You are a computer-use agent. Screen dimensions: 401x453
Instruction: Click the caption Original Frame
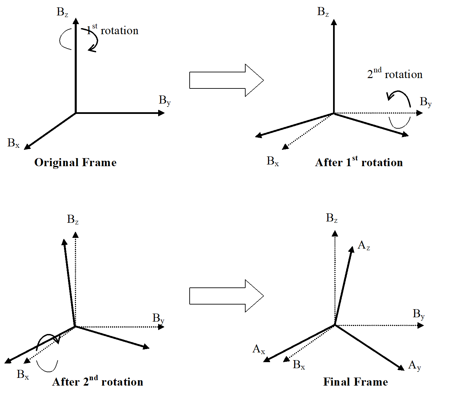click(75, 162)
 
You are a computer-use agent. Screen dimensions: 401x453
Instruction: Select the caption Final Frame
click(355, 382)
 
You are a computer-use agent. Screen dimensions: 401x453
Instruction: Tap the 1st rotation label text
click(112, 30)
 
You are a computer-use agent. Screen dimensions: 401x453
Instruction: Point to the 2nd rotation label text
click(395, 74)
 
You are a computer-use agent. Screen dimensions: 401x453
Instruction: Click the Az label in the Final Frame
click(364, 246)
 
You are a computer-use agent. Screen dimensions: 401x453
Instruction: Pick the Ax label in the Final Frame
click(259, 349)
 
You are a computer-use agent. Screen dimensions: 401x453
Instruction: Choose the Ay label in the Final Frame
click(414, 365)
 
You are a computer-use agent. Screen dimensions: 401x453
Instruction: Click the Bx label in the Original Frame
click(13, 143)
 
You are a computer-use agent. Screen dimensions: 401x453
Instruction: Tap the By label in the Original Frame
click(165, 100)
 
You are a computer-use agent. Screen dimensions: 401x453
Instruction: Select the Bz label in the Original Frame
click(62, 12)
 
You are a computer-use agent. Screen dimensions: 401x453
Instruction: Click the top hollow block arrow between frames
click(226, 80)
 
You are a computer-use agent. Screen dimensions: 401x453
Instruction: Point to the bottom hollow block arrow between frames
click(226, 296)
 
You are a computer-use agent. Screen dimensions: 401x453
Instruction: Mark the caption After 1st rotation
click(359, 162)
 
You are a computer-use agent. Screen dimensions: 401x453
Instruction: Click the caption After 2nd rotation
click(98, 382)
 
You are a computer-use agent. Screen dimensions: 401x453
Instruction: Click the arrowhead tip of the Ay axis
click(404, 370)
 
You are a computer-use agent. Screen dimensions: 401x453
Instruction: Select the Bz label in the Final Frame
click(332, 218)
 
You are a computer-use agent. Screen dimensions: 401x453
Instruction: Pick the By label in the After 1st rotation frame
click(426, 102)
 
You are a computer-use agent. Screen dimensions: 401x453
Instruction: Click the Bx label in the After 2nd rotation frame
click(23, 374)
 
